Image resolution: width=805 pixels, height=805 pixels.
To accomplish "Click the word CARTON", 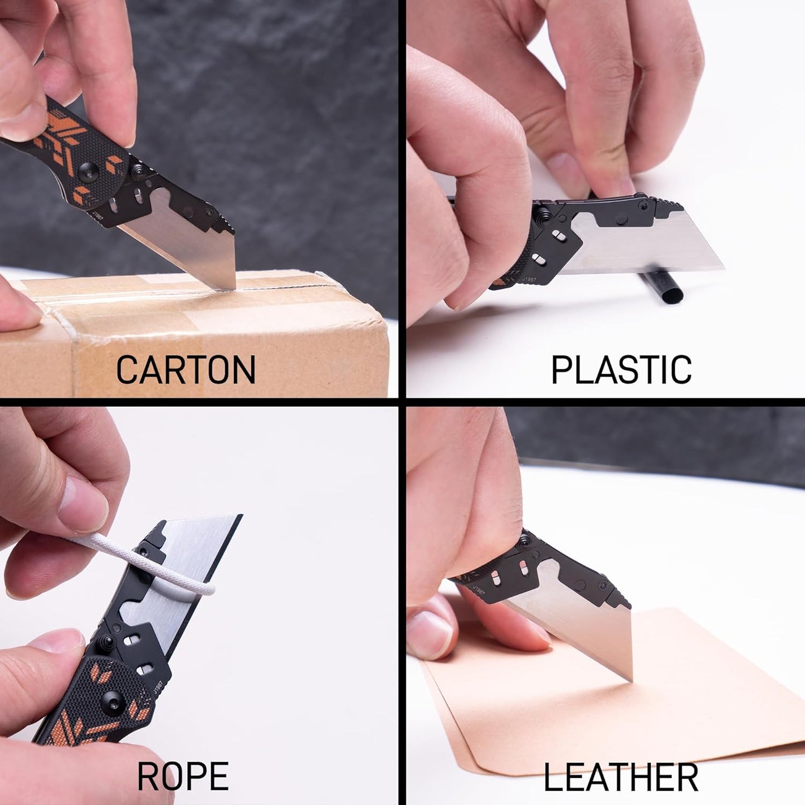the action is pos(186,369).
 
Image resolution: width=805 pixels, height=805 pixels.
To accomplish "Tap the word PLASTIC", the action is pos(621,369).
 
